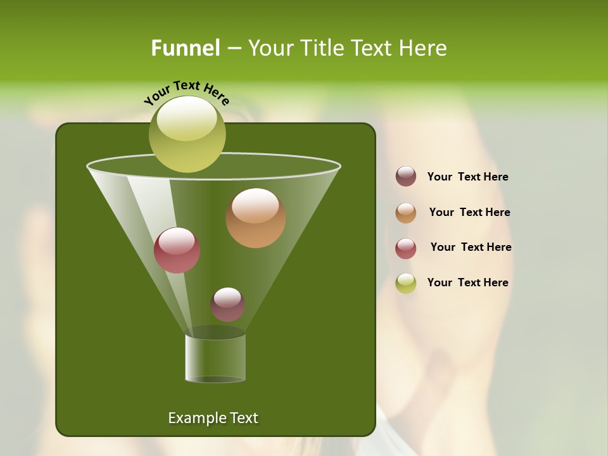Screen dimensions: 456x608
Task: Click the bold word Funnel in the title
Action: (x=185, y=48)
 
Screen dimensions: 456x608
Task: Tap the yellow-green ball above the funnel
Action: (x=187, y=134)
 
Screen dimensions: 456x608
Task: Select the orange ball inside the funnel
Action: (x=256, y=218)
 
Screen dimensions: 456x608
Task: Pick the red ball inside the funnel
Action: (x=177, y=250)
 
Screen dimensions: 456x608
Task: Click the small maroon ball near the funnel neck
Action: (x=228, y=305)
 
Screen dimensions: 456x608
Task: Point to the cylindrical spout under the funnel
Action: (x=215, y=358)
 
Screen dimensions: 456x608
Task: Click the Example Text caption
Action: (x=213, y=418)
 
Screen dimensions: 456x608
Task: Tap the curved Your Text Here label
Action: (x=186, y=92)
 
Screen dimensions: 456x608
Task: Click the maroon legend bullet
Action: (x=406, y=177)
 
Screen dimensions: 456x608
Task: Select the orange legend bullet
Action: (x=406, y=213)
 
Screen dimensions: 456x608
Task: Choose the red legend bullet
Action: (x=406, y=248)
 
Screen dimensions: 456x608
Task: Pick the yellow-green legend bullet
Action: (x=406, y=283)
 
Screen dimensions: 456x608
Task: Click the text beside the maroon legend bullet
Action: (x=467, y=177)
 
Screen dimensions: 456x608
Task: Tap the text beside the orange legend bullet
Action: (x=469, y=213)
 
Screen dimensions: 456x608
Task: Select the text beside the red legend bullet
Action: (x=471, y=248)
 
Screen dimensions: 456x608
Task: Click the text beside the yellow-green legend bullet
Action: (x=467, y=283)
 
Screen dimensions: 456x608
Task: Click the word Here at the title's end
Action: (x=424, y=48)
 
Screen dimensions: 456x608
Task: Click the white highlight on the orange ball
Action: (x=255, y=206)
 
